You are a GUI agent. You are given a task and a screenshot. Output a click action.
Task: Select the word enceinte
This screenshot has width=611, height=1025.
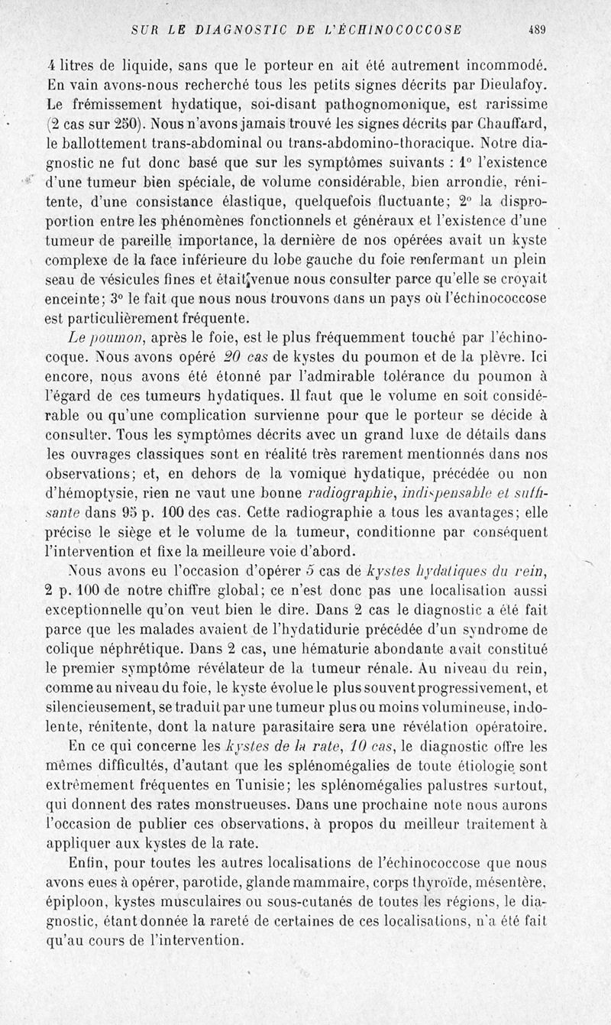(80, 299)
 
